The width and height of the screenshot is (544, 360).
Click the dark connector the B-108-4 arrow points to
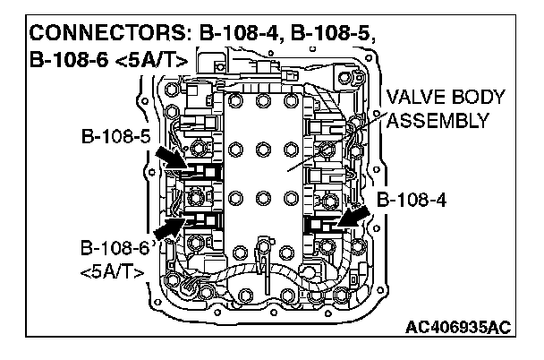(319, 221)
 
